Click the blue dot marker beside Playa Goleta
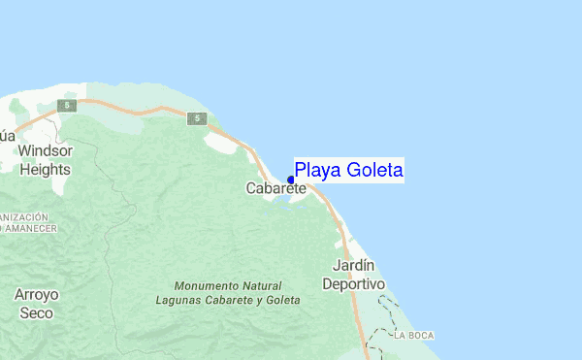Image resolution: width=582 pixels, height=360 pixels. pos(291,180)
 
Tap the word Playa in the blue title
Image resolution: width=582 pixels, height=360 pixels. pos(314,172)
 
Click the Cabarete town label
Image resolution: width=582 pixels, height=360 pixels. pos(275,187)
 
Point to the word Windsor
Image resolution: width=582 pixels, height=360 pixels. pos(46,151)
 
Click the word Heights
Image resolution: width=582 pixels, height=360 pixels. pos(46,169)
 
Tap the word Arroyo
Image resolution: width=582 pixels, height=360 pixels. pos(37,293)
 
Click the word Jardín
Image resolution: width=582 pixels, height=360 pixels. pos(353,265)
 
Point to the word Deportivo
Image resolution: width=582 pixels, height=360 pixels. pos(353,283)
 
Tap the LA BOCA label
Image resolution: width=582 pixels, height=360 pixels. pos(414,335)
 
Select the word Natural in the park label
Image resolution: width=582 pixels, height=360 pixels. pos(264,286)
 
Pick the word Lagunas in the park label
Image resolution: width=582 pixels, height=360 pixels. pos(179,300)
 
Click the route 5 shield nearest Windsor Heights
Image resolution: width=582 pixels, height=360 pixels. pos(64,105)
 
